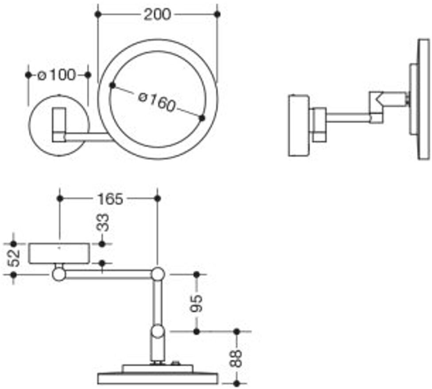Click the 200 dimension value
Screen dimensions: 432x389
click(157, 14)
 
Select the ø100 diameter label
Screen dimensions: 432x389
click(57, 75)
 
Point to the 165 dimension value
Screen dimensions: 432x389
click(110, 199)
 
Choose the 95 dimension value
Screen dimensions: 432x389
click(196, 303)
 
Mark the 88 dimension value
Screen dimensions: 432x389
click(236, 358)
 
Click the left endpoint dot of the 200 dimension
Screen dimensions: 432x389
click(97, 14)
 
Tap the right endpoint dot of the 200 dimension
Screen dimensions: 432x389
click(217, 14)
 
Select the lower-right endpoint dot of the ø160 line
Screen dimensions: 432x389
click(202, 118)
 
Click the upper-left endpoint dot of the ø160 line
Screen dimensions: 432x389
click(112, 85)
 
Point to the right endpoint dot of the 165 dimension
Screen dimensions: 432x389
click(158, 198)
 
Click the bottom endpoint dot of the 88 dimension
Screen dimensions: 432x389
click(236, 383)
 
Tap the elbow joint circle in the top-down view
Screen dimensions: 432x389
click(158, 274)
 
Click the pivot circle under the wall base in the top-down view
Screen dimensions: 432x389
click(59, 274)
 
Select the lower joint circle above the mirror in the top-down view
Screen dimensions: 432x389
click(158, 331)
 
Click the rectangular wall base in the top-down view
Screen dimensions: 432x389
click(59, 253)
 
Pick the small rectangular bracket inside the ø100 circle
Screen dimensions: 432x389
click(59, 125)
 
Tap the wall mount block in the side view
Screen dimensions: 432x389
click(299, 126)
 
